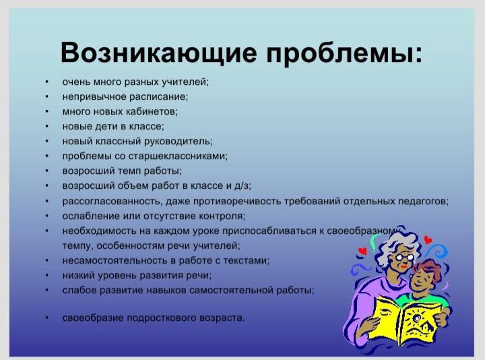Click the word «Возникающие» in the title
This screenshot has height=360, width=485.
(159, 53)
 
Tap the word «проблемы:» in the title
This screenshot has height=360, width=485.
(344, 53)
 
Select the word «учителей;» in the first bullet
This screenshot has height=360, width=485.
(185, 82)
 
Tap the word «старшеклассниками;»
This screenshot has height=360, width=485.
(178, 156)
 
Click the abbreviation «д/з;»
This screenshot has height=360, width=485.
(243, 185)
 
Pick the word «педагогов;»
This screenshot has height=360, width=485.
(423, 202)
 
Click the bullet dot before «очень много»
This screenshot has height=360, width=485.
(46, 82)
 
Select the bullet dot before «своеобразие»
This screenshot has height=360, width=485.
(46, 318)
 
